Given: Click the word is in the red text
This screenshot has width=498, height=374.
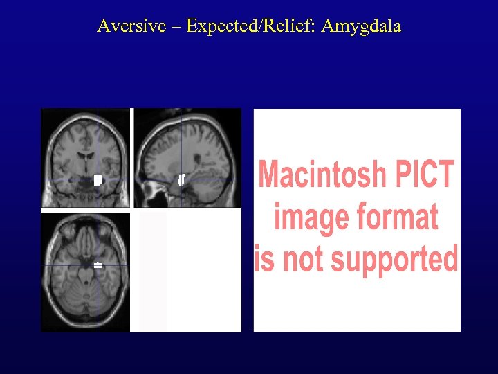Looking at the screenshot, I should pyautogui.click(x=264, y=258).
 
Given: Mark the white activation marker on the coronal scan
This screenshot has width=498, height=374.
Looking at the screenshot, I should pyautogui.click(x=98, y=181).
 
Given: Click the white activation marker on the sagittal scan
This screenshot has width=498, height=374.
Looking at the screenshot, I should pyautogui.click(x=182, y=179).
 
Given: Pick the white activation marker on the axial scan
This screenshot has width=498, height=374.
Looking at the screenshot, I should pyautogui.click(x=98, y=265).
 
